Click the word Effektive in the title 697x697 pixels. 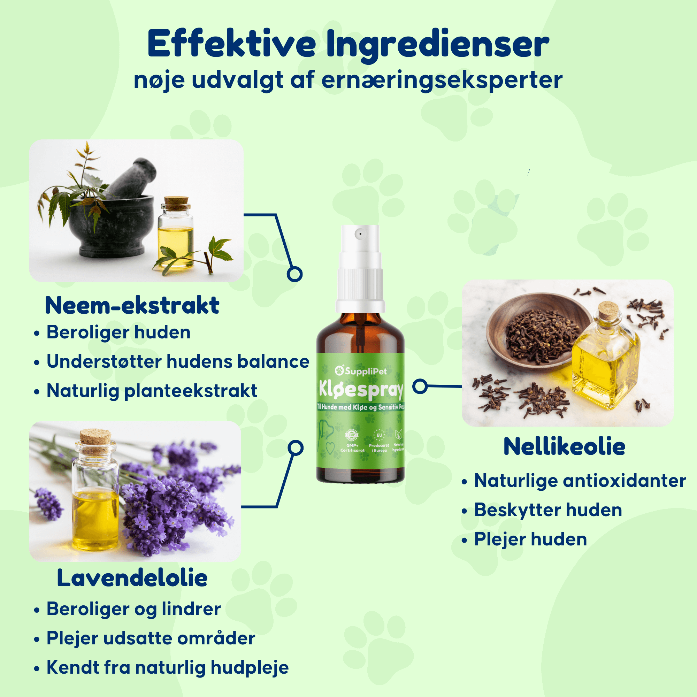231,44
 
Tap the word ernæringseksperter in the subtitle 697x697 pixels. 441,80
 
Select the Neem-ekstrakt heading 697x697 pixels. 132,305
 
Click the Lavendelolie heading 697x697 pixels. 132,577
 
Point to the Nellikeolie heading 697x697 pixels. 564,446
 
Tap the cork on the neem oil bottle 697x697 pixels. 176,203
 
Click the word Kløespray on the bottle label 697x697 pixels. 361,390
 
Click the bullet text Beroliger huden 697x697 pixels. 118,332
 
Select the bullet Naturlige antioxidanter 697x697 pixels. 580,481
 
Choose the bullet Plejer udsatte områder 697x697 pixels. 151,638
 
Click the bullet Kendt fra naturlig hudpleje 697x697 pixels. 167,667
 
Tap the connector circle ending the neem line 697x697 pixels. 294,274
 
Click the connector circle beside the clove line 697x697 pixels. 420,386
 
